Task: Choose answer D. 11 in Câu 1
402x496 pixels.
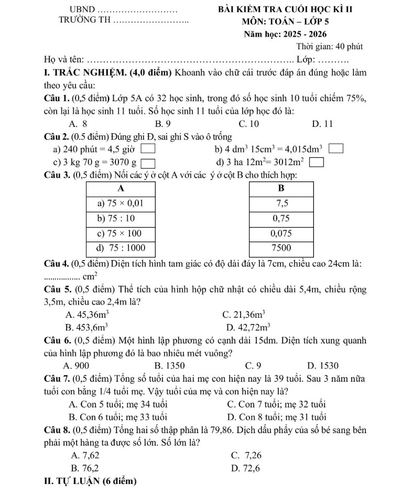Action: coord(322,124)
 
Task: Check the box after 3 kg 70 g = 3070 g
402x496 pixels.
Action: coord(149,162)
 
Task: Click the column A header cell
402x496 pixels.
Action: coord(121,188)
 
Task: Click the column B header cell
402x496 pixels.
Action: coord(281,188)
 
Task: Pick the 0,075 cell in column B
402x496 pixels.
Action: coord(281,232)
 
